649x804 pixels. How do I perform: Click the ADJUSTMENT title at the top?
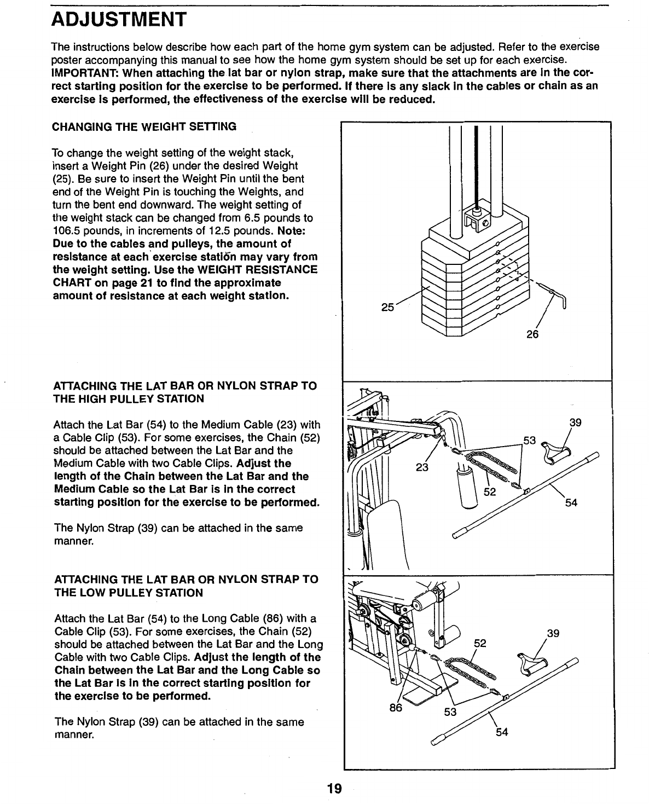coord(119,21)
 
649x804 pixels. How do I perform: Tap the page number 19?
coord(334,789)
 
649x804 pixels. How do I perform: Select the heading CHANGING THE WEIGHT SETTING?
coord(144,127)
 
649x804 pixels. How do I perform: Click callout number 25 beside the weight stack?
coord(387,307)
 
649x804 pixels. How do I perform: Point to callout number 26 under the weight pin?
coord(532,334)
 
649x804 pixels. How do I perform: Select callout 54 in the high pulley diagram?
coord(571,502)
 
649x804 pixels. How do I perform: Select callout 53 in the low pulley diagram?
coord(450,712)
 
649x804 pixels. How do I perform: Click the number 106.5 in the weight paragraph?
coord(68,230)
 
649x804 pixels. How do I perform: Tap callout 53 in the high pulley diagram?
coord(530,440)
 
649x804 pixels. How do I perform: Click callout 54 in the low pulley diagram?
coord(502,732)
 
